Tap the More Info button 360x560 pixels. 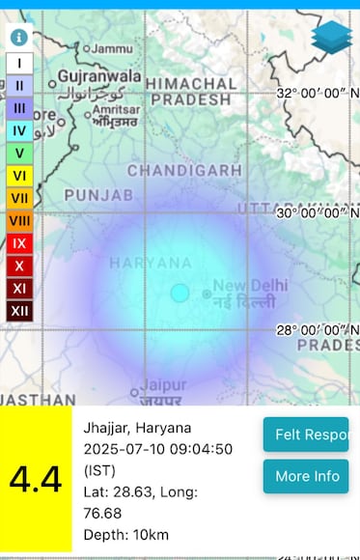tap(306, 476)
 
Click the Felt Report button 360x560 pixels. tap(306, 434)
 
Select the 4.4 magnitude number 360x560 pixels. tap(36, 479)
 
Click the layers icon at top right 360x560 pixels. tap(331, 39)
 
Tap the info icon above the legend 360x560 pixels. tap(19, 38)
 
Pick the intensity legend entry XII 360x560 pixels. tap(19, 310)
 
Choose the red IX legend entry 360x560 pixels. tap(19, 242)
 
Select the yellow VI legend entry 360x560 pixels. tap(19, 175)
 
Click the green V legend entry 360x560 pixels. tap(19, 153)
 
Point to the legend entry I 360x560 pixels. tap(19, 63)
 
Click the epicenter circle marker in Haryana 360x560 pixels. tap(180, 293)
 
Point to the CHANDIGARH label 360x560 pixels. tap(184, 170)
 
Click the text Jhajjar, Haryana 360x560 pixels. tap(137, 428)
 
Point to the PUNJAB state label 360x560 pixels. tap(97, 195)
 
